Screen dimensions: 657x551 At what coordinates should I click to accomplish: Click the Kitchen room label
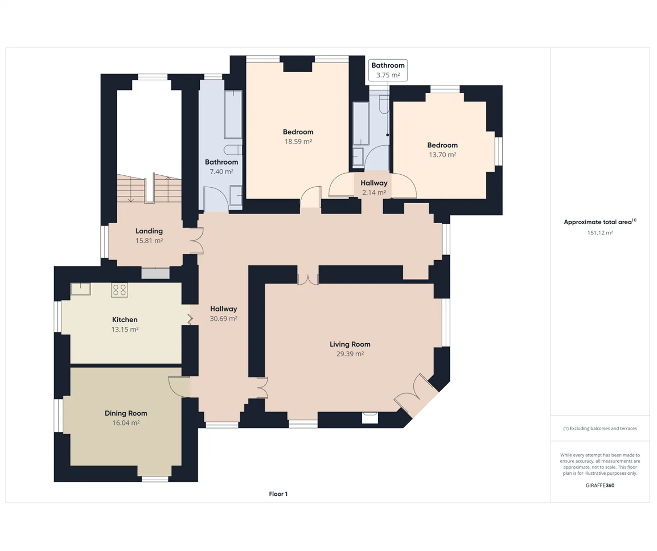(125, 320)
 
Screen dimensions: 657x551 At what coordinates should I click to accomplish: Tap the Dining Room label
(126, 413)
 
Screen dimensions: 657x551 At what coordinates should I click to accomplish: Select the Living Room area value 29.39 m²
(350, 354)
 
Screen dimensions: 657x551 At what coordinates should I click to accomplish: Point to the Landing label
(149, 231)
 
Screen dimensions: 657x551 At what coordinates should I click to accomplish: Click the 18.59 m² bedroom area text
(298, 142)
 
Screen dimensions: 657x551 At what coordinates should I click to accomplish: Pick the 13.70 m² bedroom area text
(443, 155)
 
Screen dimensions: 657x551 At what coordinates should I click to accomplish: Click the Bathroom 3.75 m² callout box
(388, 70)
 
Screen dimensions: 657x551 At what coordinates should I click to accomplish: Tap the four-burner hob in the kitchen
(120, 290)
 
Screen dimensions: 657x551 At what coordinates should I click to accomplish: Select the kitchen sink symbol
(81, 289)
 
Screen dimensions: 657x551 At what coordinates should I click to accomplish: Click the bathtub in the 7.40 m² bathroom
(233, 114)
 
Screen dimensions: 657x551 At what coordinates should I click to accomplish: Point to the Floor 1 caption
(278, 494)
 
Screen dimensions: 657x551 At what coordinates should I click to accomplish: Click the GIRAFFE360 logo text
(600, 486)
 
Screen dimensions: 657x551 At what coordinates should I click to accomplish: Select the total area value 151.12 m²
(600, 233)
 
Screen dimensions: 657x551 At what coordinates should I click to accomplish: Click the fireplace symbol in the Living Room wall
(370, 418)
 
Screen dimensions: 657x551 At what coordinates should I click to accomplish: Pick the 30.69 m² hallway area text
(224, 319)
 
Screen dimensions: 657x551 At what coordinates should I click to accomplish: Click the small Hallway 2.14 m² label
(374, 188)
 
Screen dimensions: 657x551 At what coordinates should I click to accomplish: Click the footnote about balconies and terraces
(600, 429)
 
